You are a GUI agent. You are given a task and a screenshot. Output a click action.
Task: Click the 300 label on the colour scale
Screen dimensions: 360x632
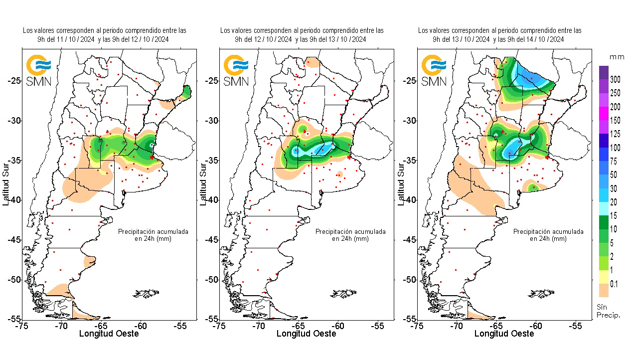(615, 80)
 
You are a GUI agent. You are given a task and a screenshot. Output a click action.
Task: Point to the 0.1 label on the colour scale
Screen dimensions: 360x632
(614, 284)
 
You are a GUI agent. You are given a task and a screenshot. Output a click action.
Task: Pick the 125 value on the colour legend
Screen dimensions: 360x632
(615, 134)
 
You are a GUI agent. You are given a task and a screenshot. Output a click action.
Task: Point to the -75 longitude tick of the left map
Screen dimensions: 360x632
(21, 326)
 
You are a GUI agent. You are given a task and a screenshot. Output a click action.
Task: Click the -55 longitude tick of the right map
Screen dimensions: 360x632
(576, 326)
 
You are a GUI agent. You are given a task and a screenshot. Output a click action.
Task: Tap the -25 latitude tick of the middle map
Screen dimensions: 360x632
(212, 81)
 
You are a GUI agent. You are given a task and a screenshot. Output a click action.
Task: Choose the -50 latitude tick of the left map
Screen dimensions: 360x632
(14, 279)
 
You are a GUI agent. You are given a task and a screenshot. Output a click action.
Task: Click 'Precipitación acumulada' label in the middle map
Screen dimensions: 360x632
(350, 232)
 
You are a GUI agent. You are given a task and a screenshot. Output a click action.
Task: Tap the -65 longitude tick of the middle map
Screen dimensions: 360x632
(298, 326)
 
